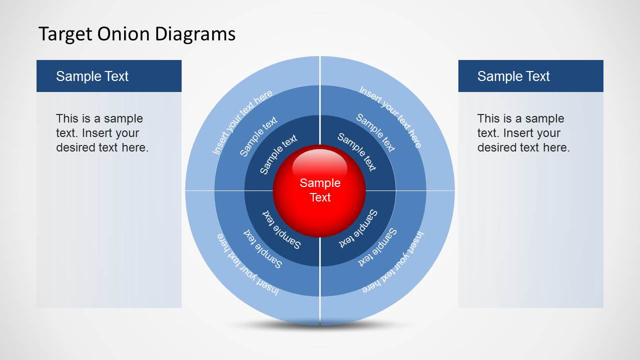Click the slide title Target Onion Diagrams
coord(137,34)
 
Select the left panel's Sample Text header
coord(92,76)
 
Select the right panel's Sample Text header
coord(513,76)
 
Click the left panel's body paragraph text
coord(102,133)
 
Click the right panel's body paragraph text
coord(523,133)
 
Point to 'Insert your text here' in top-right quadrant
coord(391,116)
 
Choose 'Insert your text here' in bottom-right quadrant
coord(393,262)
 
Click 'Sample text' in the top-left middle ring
coord(258,137)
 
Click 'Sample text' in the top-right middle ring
coord(375,132)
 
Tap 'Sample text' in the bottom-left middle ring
coord(263,248)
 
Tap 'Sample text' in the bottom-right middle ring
coord(378,246)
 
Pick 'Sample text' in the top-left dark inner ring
coord(278,154)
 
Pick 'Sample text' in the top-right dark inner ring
coord(356,151)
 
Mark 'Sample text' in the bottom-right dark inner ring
coord(359,228)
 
